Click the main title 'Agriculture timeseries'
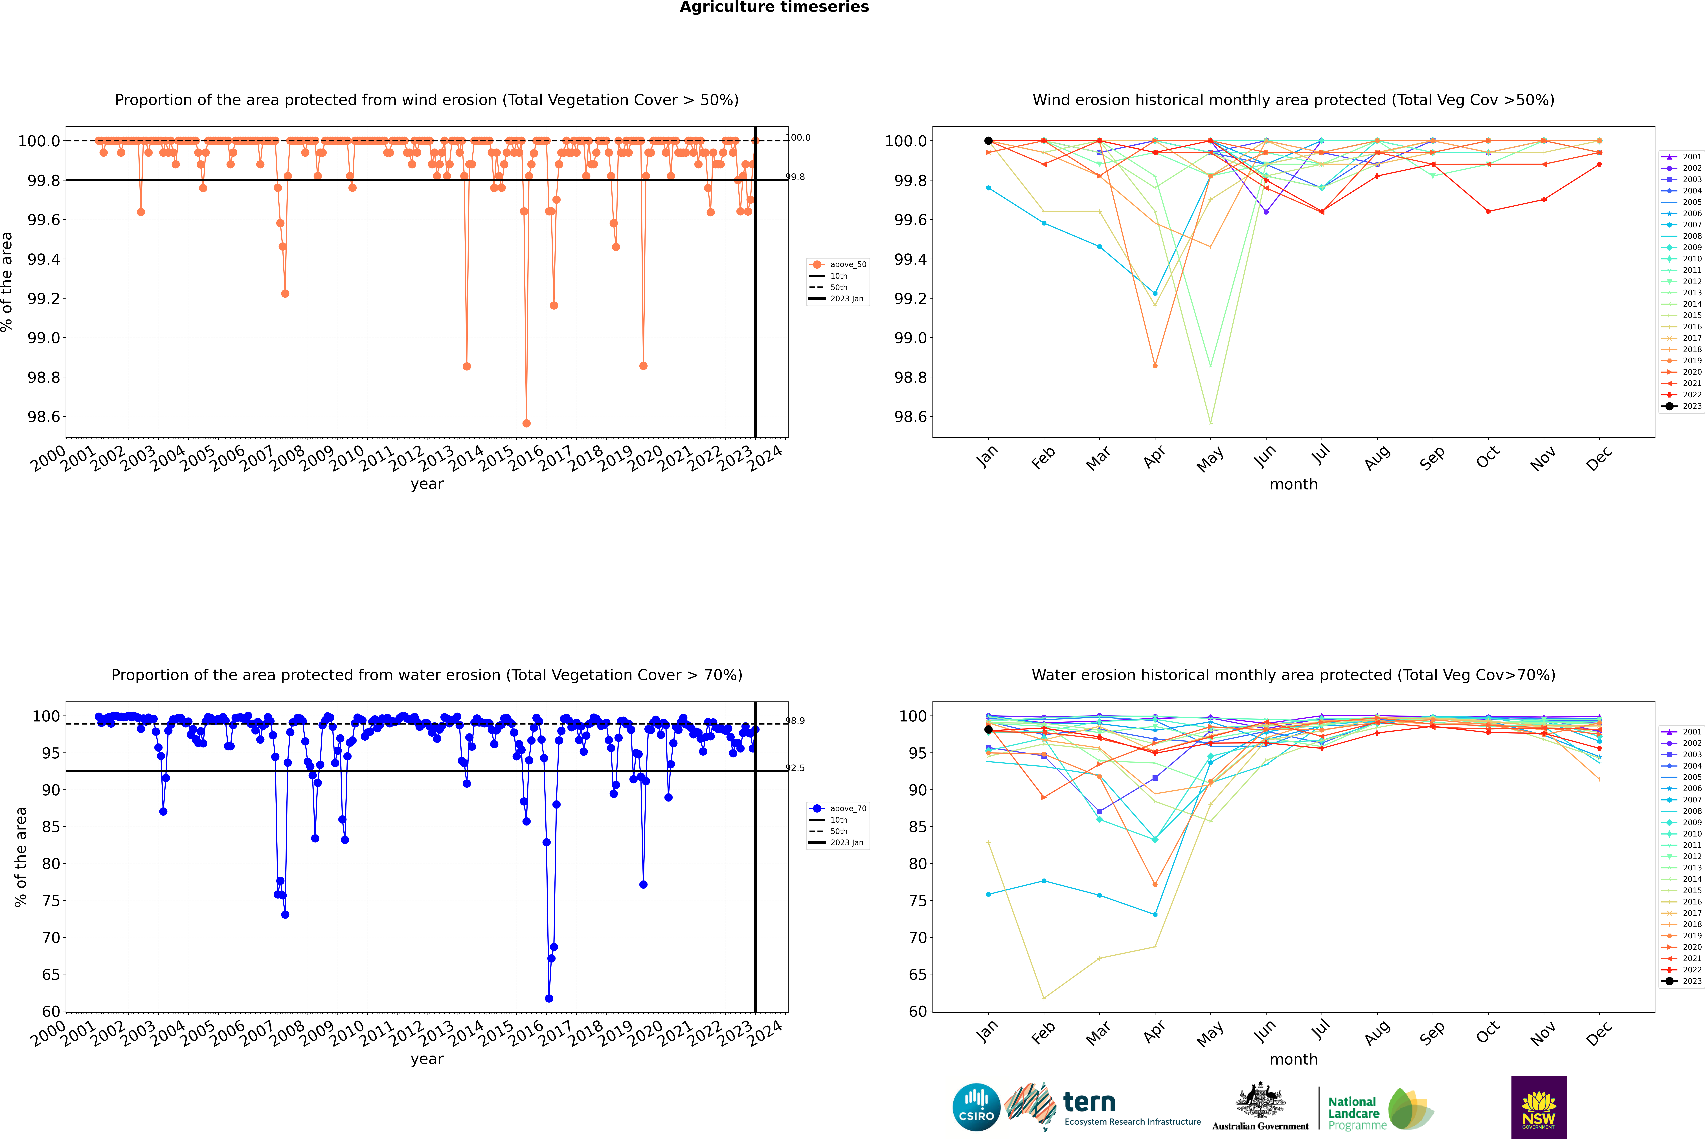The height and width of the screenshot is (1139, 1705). click(774, 7)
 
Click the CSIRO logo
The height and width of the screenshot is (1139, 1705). click(976, 1107)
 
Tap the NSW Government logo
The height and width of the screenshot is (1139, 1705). click(1539, 1107)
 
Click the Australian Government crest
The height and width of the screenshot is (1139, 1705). click(1260, 1101)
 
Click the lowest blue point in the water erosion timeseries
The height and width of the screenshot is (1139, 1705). click(549, 998)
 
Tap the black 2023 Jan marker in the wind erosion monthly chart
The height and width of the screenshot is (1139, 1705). click(988, 141)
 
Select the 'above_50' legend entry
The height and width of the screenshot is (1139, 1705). click(838, 264)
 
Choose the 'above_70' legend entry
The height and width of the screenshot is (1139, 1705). click(838, 809)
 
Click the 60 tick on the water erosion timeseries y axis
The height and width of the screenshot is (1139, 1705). click(51, 1011)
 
